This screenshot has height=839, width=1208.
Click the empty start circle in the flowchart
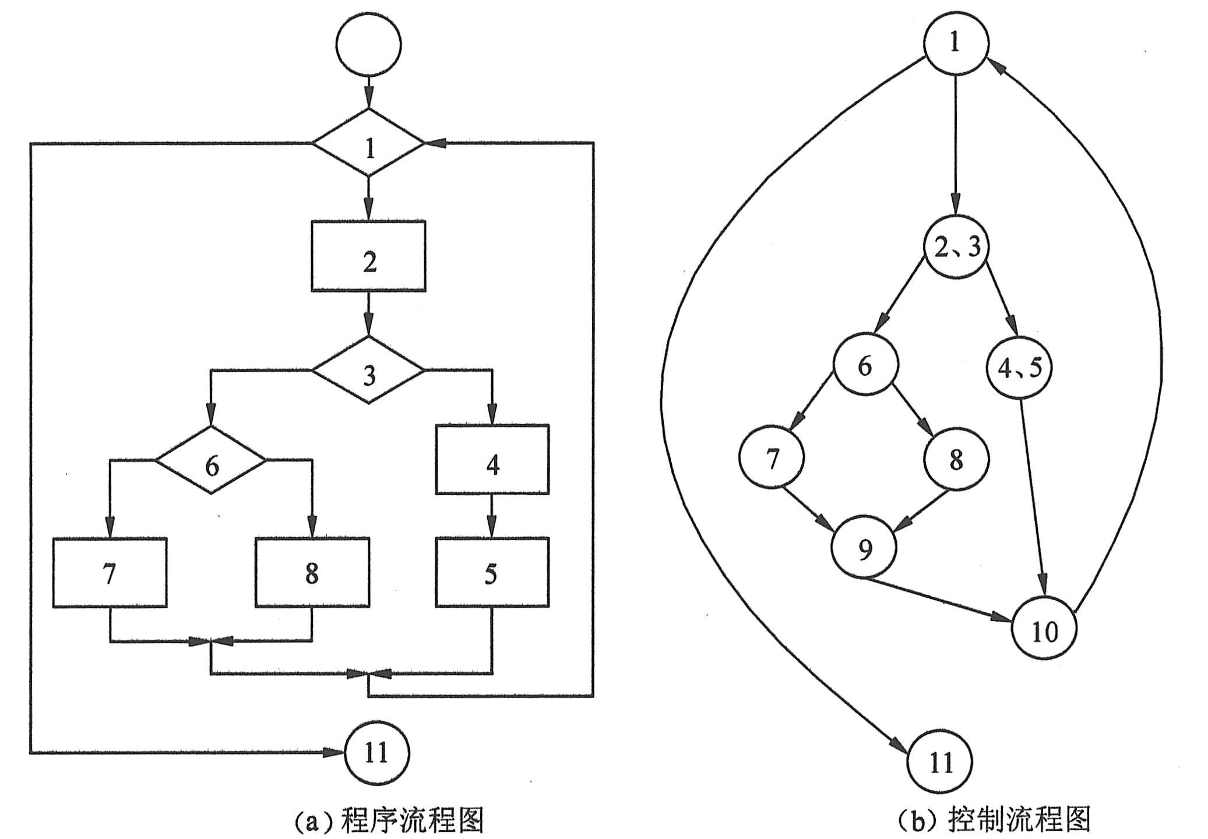(368, 45)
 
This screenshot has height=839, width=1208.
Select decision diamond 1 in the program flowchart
(368, 143)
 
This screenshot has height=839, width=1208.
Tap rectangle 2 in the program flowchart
(368, 256)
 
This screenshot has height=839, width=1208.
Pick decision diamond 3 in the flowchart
(368, 370)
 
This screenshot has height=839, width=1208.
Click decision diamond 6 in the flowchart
(211, 460)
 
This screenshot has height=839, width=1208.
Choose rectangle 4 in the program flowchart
(492, 460)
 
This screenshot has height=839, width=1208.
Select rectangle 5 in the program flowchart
(492, 572)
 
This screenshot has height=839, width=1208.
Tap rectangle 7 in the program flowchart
(110, 572)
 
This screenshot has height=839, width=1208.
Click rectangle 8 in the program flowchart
(312, 572)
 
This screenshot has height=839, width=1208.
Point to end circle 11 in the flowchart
(376, 753)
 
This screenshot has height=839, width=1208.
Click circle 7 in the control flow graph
(772, 458)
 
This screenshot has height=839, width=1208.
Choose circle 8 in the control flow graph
(956, 459)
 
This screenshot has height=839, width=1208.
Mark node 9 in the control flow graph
(865, 548)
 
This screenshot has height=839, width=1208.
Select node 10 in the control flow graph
(1044, 630)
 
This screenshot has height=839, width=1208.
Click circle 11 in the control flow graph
(940, 762)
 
